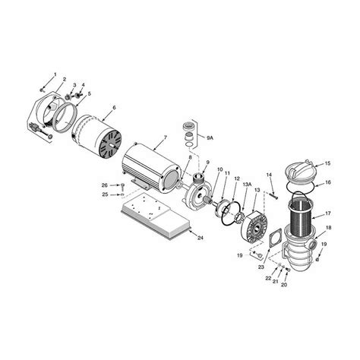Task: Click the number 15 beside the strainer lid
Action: (328, 164)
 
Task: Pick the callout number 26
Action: (105, 185)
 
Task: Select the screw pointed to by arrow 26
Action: (122, 185)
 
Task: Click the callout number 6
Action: (113, 109)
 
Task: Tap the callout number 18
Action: (328, 227)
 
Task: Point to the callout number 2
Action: (64, 80)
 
